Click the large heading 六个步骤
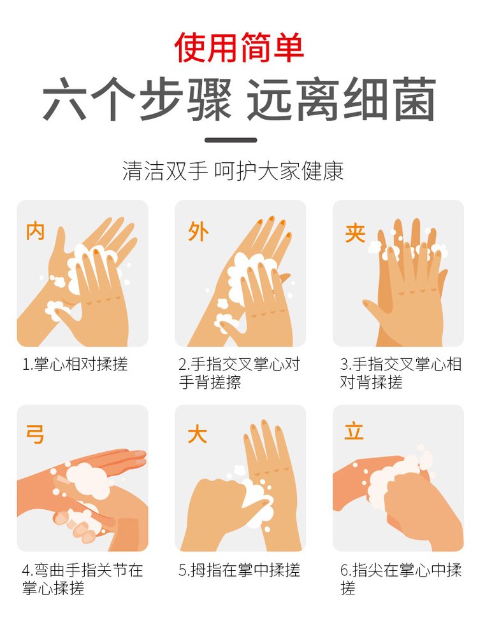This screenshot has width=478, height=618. (137, 101)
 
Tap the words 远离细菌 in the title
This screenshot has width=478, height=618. (342, 101)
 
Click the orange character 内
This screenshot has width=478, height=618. (35, 231)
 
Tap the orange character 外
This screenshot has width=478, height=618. (198, 232)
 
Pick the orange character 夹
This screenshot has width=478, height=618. (355, 233)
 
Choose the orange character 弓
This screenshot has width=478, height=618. (35, 435)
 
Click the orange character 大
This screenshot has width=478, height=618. (197, 435)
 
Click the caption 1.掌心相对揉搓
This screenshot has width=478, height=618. (75, 365)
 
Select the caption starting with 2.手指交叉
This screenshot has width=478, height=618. (239, 374)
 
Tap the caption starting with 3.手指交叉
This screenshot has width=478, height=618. (400, 374)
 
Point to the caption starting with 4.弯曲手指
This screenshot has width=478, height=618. (82, 579)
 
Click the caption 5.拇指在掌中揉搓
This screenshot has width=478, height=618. (239, 570)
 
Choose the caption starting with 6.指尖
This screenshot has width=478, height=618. (400, 579)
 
